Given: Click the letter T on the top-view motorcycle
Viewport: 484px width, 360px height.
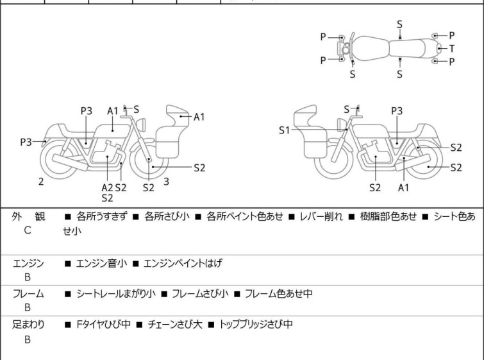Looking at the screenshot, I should click(x=452, y=48).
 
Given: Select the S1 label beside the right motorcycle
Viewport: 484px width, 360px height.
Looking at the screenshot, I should click(x=285, y=130).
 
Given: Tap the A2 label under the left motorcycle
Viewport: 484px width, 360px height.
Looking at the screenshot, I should click(x=107, y=187).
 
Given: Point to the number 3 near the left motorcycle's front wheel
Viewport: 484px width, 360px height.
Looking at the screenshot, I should click(x=166, y=182).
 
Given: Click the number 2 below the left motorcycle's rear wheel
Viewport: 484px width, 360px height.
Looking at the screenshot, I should click(x=41, y=182).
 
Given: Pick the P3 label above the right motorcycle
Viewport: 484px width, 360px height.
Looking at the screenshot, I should click(x=397, y=111).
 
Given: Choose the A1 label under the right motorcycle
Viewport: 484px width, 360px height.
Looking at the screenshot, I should click(x=403, y=187).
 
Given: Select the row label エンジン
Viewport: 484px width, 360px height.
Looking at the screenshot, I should click(x=28, y=263).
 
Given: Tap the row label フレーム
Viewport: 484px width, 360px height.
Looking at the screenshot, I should click(x=28, y=294).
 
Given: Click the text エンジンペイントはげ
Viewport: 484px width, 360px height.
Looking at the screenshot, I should click(x=183, y=263).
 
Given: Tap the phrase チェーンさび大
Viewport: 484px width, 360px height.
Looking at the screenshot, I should click(x=177, y=325).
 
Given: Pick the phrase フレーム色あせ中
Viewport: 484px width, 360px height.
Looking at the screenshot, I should click(x=278, y=294).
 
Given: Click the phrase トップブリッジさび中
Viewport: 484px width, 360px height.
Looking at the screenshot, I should click(x=256, y=325).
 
